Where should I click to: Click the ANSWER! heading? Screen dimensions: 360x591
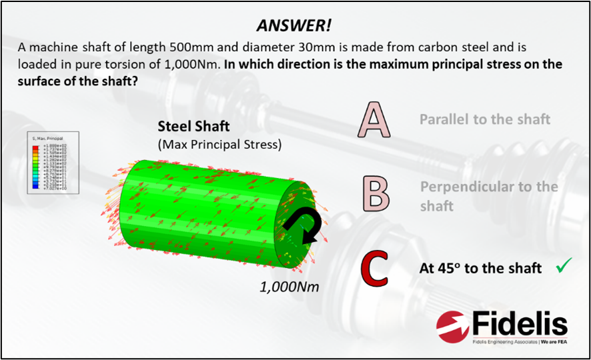294,26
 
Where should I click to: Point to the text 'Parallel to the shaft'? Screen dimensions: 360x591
485,119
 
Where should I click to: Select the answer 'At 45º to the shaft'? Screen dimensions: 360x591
480,269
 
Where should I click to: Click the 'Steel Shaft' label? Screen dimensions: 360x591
193,126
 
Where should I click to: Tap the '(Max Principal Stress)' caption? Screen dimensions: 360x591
219,143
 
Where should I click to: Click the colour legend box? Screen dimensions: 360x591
53,162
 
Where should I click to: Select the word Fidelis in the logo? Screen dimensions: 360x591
520,325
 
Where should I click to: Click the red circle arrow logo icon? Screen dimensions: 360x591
453,326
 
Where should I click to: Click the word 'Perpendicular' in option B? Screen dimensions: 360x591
467,187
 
